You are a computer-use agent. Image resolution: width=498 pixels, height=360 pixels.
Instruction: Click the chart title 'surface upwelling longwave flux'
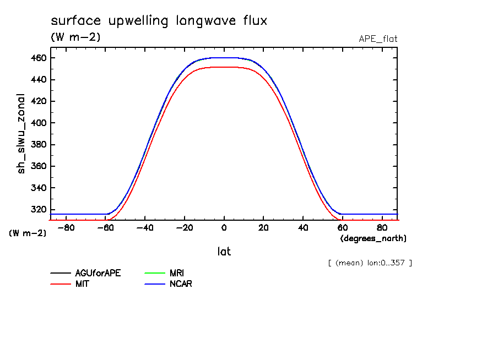pyautogui.click(x=159, y=21)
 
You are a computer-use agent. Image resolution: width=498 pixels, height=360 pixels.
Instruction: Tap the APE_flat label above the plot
pyautogui.click(x=378, y=39)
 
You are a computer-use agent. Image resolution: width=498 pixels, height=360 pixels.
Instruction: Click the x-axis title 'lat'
pyautogui.click(x=224, y=252)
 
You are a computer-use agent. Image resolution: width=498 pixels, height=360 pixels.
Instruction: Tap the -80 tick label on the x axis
pyautogui.click(x=66, y=228)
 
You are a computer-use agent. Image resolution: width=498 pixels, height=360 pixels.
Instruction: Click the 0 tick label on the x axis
pyautogui.click(x=224, y=228)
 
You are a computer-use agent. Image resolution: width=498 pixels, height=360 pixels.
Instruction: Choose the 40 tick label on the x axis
pyautogui.click(x=303, y=228)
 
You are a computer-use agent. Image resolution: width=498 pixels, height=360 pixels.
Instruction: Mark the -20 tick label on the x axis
pyautogui.click(x=184, y=228)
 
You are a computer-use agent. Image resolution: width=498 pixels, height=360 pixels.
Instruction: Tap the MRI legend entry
pyautogui.click(x=177, y=272)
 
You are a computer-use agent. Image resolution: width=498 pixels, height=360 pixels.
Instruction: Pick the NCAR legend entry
pyautogui.click(x=181, y=284)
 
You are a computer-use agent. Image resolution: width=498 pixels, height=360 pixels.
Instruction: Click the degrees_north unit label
pyautogui.click(x=373, y=238)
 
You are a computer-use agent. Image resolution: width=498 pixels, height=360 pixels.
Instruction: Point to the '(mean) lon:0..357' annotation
pyautogui.click(x=370, y=263)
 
